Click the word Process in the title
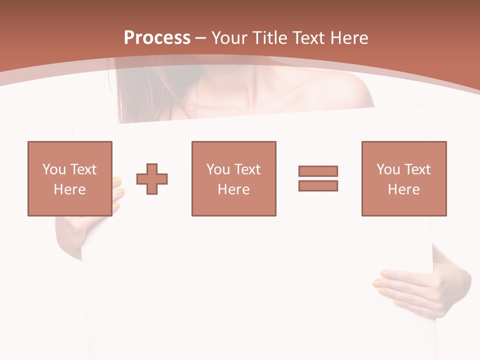pos(157,38)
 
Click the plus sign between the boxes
pos(152,179)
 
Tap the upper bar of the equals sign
pos(318,171)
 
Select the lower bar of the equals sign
pos(318,186)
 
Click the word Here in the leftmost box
pos(69,189)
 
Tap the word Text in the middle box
pos(247,169)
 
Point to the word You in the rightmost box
pos(388,169)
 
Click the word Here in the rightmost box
pos(403,189)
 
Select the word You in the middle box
pos(218,169)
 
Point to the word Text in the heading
pos(307,38)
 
